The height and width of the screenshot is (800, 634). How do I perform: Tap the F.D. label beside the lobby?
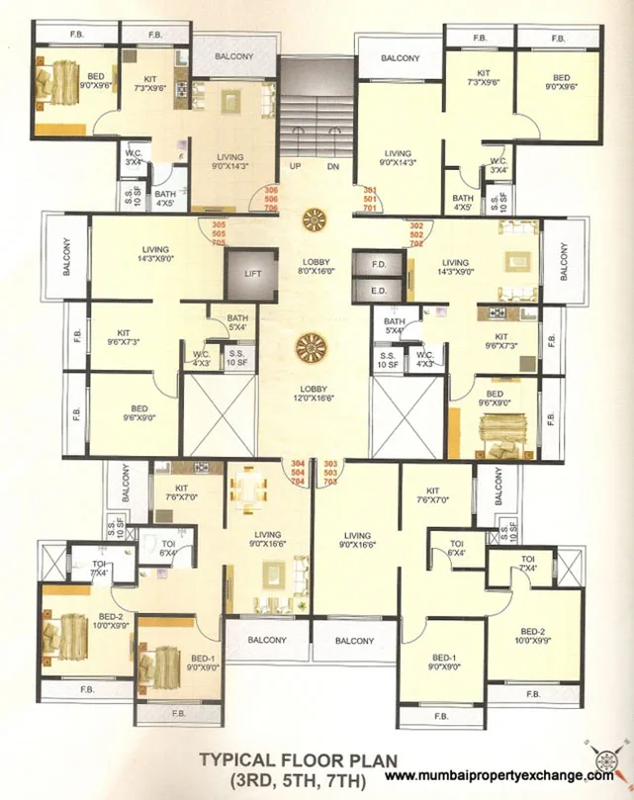[378, 266]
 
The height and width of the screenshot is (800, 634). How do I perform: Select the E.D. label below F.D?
[378, 291]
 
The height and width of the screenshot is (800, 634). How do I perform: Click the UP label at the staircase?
[295, 166]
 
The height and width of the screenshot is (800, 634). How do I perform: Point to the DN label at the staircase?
[333, 166]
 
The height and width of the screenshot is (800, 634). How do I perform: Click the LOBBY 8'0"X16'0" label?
[316, 266]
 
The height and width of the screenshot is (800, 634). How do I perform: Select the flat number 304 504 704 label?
[298, 472]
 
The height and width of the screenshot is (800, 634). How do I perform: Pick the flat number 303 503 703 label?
[330, 472]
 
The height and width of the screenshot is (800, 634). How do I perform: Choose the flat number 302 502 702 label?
[416, 234]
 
